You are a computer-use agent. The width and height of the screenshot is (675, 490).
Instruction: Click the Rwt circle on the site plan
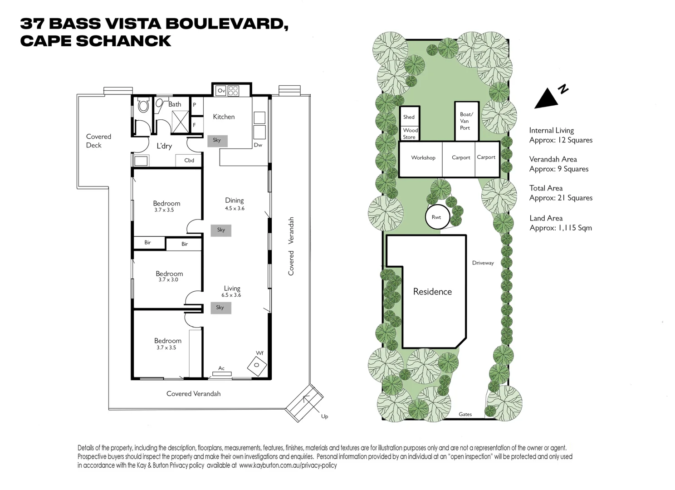[437, 217]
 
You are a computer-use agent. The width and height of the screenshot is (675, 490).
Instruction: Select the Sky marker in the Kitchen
[217, 141]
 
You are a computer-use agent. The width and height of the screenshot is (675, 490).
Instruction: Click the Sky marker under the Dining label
[221, 230]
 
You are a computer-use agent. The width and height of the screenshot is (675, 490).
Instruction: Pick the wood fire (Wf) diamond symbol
[256, 365]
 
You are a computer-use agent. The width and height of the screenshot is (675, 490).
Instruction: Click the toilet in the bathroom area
[144, 106]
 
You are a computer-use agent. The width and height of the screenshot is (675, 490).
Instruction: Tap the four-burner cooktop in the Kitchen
[233, 91]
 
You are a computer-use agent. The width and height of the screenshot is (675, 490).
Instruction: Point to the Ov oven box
[221, 91]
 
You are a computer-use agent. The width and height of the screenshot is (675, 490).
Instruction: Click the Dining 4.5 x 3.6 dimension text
[235, 209]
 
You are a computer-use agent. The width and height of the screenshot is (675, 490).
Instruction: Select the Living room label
[232, 288]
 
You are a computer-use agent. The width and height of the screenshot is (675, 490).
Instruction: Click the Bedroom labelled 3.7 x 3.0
[169, 276]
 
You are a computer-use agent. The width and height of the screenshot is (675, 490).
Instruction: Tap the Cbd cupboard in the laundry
[189, 161]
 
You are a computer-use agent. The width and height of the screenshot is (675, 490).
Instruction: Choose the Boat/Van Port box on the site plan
[466, 121]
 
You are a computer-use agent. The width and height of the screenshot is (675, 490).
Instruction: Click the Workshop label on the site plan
[423, 158]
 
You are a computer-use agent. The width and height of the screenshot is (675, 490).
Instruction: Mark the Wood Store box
[410, 133]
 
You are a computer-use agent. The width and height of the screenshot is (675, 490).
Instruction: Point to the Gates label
[465, 414]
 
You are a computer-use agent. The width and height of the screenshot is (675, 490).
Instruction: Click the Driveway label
[483, 263]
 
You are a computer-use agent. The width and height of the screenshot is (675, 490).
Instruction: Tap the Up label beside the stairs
[324, 416]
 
